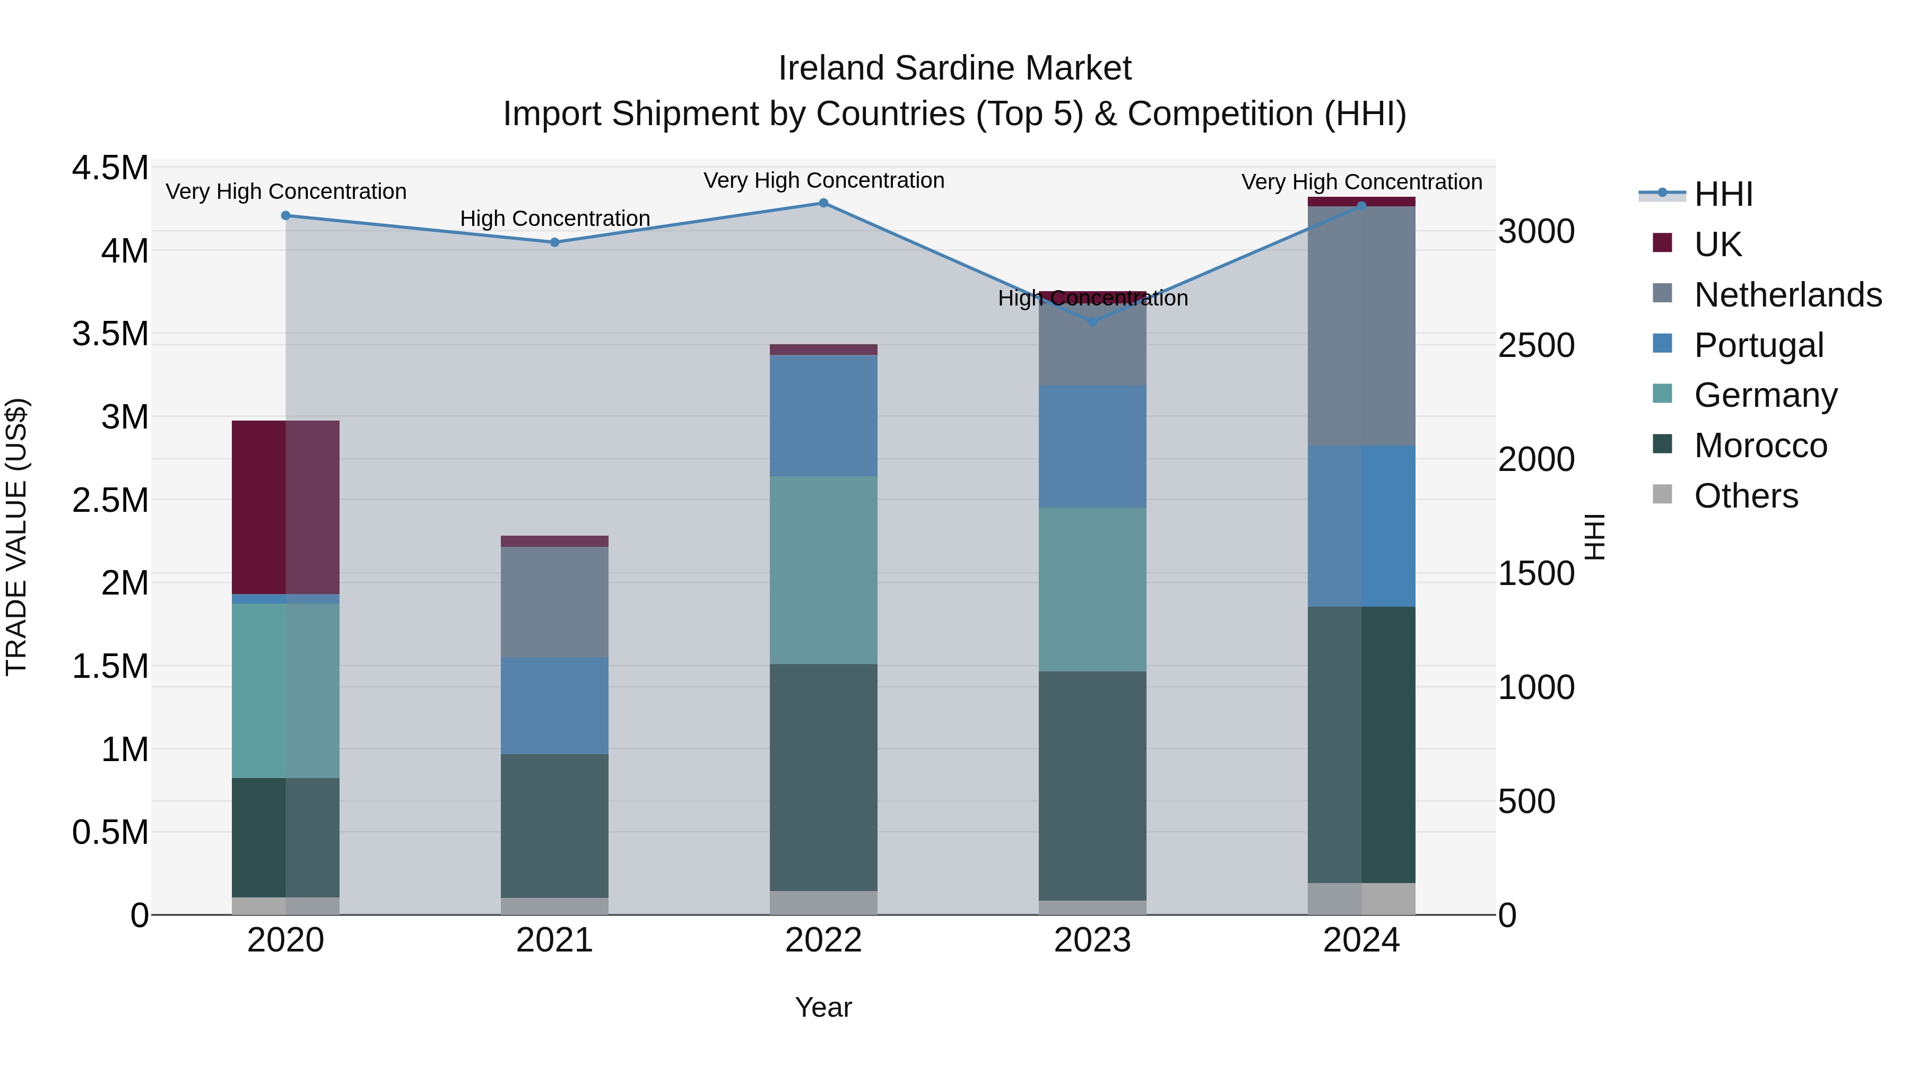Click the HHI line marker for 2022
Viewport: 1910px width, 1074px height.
pyautogui.click(x=823, y=203)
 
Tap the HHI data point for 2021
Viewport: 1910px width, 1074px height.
pyautogui.click(x=554, y=242)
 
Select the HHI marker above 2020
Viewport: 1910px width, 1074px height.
pyautogui.click(x=285, y=216)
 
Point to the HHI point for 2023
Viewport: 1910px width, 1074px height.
pyautogui.click(x=1092, y=322)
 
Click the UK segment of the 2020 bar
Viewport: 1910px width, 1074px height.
pyautogui.click(x=285, y=507)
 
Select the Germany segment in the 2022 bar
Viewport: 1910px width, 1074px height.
pyautogui.click(x=823, y=570)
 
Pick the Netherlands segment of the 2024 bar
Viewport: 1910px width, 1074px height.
pyautogui.click(x=1361, y=326)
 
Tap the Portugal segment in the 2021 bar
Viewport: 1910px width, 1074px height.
pyautogui.click(x=554, y=705)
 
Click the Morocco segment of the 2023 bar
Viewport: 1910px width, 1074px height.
pyautogui.click(x=1092, y=785)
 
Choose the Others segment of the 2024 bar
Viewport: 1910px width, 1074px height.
pyautogui.click(x=1361, y=898)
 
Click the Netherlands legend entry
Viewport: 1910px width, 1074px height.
pyautogui.click(x=1787, y=295)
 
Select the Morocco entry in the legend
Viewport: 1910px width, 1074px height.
pyautogui.click(x=1760, y=446)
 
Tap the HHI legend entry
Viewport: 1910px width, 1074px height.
pyautogui.click(x=1723, y=194)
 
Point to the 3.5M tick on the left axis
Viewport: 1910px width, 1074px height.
pyautogui.click(x=110, y=334)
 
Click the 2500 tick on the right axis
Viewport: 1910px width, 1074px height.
pyautogui.click(x=1536, y=345)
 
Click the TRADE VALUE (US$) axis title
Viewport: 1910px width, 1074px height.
pyautogui.click(x=16, y=537)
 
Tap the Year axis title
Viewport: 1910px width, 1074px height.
pyautogui.click(x=823, y=1007)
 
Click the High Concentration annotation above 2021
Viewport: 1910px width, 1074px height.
pyautogui.click(x=554, y=219)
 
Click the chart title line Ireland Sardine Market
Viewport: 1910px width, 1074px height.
pyautogui.click(x=954, y=68)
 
